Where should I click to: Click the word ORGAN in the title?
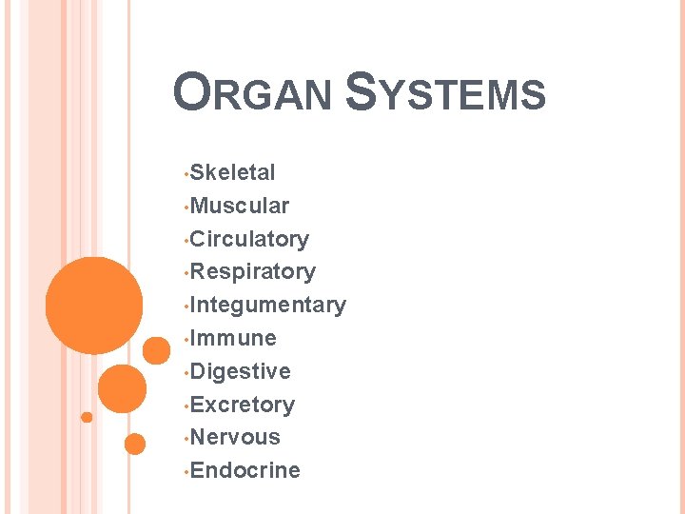coord(253,95)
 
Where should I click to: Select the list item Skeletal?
coord(232,173)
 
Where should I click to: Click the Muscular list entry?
coord(240,206)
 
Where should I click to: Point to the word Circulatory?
coord(249,239)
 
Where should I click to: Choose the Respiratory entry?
coord(252,272)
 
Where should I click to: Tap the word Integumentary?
coord(267,306)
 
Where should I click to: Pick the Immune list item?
coord(233,338)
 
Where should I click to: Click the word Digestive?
coord(240,371)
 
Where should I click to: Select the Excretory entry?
coord(242,405)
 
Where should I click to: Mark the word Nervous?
coord(235,437)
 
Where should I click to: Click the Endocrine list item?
coord(245,470)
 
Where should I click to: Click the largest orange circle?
coord(94,305)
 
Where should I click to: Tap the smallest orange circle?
coord(87,417)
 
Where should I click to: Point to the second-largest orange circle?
coord(123,388)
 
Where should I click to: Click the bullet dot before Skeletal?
coord(186,174)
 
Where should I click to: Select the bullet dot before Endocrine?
coord(186,472)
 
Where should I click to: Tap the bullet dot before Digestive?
coord(186,373)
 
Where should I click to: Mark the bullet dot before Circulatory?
coord(186,241)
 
